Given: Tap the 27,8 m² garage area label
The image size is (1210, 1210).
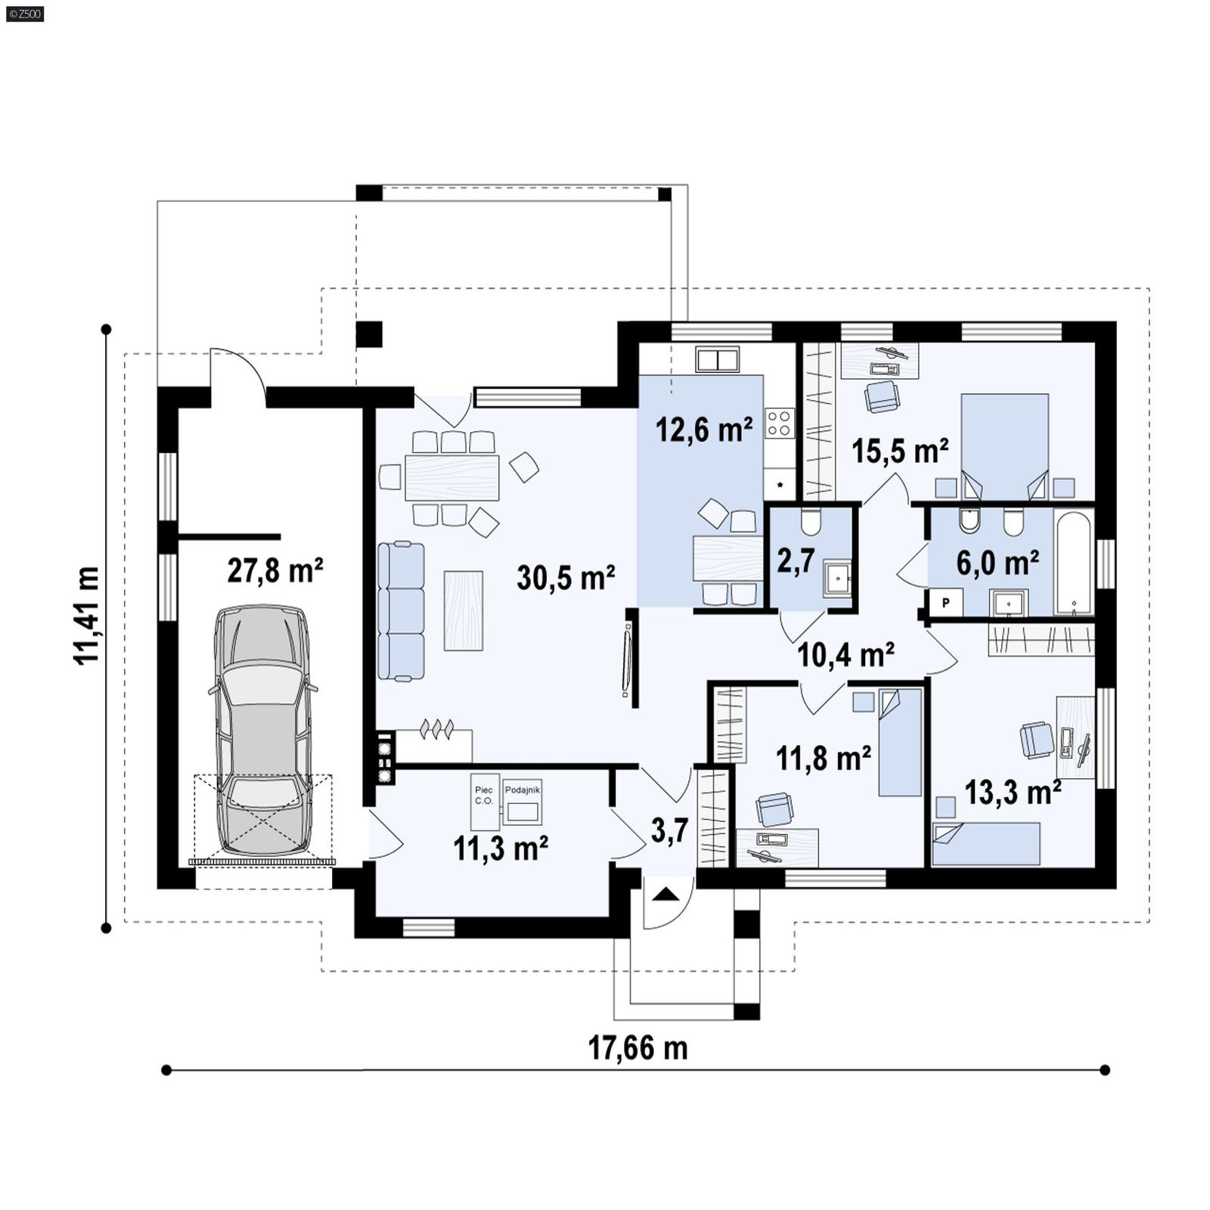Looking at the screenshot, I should (275, 571).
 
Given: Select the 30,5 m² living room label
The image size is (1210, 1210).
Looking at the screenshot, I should (566, 579).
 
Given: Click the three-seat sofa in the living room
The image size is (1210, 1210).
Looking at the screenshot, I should (401, 611).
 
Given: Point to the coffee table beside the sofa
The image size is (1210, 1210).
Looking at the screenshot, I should (463, 610).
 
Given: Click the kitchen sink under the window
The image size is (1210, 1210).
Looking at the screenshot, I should (717, 360).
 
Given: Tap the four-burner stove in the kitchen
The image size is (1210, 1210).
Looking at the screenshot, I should (780, 423).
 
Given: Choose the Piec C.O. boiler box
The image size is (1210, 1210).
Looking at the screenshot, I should (484, 802).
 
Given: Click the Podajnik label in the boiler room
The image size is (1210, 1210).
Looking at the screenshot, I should (523, 790).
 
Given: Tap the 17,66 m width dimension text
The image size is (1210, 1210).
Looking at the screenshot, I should (638, 1049).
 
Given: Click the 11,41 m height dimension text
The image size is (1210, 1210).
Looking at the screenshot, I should (87, 615).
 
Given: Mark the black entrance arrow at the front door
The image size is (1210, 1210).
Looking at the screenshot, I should (666, 895).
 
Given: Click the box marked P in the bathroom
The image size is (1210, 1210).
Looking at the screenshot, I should (945, 603).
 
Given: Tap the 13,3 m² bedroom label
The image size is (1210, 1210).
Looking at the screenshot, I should (1013, 793).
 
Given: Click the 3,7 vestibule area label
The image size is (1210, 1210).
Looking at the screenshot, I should (669, 830).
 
